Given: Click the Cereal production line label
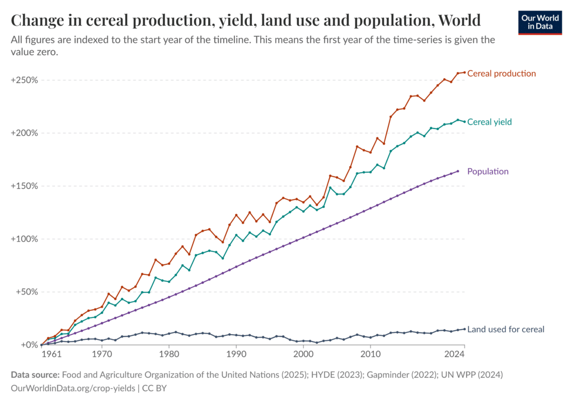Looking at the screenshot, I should point(501,73).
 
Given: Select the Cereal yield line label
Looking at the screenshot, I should point(489,122).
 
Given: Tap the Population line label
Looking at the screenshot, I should point(487,172).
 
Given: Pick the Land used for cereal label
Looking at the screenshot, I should point(505,329).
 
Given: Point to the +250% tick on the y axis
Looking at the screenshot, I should point(24,80).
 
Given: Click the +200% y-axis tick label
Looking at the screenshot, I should point(24,133).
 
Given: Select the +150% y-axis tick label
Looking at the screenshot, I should point(24,186).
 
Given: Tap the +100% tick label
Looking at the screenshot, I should point(24,239).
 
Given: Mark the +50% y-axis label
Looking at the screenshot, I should point(26,292).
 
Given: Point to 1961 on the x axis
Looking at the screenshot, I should point(50,354).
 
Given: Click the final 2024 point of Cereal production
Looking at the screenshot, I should point(464,72).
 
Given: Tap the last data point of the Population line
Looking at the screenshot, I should point(458,171).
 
